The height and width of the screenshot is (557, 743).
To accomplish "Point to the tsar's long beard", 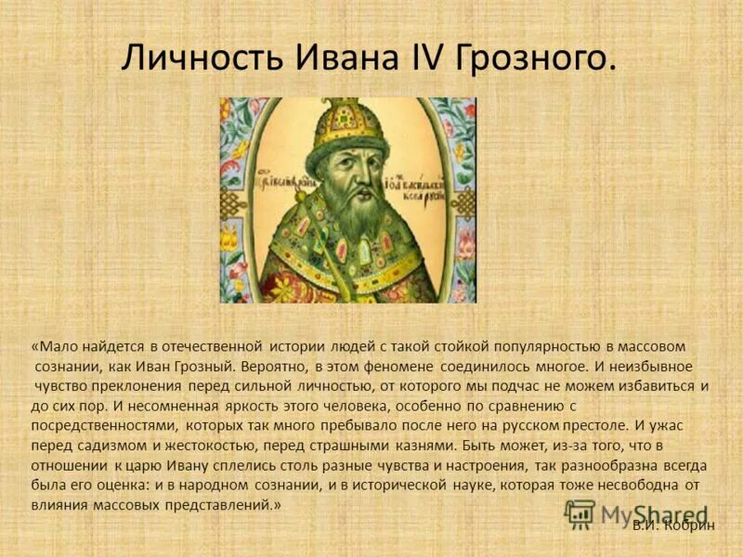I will click(349, 223).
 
